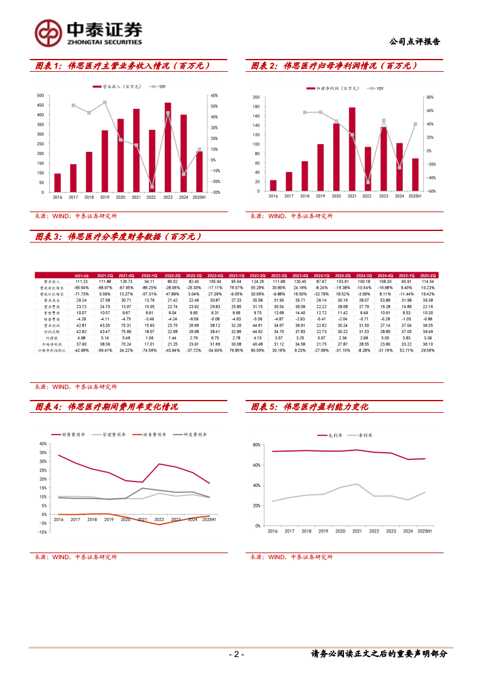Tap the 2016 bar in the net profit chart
coord(273,185)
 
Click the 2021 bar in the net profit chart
coord(352,150)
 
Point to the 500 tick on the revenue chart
coord(40,95)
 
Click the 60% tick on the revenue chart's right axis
coord(214,95)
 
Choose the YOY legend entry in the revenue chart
coord(159,87)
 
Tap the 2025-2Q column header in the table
coord(428,275)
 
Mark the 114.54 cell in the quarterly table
coord(428,281)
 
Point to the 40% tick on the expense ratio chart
coord(43,444)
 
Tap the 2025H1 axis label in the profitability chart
coord(424,531)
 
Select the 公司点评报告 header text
coord(415,42)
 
